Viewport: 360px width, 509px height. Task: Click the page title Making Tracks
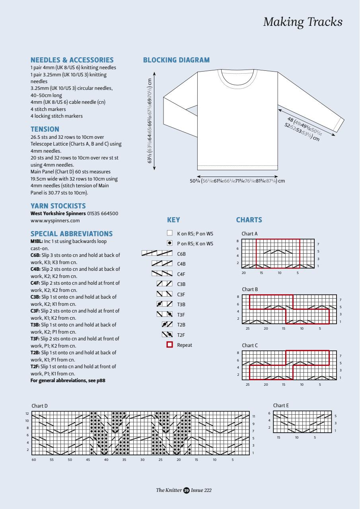click(x=303, y=22)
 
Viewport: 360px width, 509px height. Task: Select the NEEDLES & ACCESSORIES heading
click(x=72, y=60)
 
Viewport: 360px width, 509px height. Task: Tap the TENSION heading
click(x=45, y=129)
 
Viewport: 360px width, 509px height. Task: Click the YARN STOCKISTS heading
click(x=58, y=206)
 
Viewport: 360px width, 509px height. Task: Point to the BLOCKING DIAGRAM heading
click(x=176, y=60)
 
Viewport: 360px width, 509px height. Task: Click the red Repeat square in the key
click(x=169, y=345)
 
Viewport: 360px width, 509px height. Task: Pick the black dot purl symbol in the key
click(x=169, y=243)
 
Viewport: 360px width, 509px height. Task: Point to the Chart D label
click(x=40, y=406)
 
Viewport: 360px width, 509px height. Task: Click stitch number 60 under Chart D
click(x=33, y=460)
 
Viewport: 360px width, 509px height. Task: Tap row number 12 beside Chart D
click(x=27, y=414)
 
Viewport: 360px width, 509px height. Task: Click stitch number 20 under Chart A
click(x=244, y=273)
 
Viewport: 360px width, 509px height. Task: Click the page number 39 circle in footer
click(x=186, y=490)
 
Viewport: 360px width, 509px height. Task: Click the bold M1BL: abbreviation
click(x=37, y=241)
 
